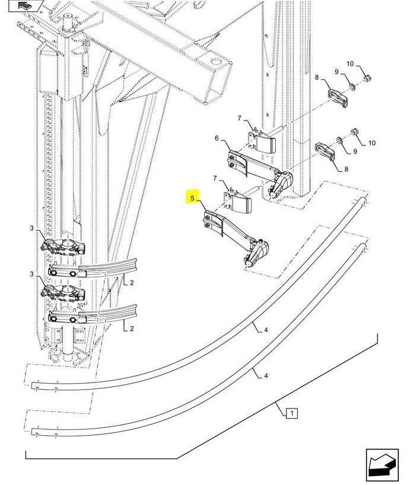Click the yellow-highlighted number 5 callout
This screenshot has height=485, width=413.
(x=192, y=198)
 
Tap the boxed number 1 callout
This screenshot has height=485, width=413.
(x=292, y=413)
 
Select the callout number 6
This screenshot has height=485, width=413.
(x=217, y=138)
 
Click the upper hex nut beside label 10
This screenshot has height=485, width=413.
(x=367, y=78)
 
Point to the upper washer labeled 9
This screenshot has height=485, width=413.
(x=352, y=87)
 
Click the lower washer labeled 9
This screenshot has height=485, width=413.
(x=339, y=140)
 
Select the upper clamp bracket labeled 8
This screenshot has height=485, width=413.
(x=338, y=98)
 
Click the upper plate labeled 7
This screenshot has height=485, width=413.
(x=262, y=141)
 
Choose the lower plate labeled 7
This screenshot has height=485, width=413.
(x=238, y=201)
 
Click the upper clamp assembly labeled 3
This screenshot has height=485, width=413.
(x=63, y=247)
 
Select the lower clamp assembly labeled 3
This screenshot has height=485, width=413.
(x=63, y=293)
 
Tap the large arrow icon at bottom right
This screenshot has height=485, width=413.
(x=382, y=464)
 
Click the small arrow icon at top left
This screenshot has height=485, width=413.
(x=26, y=5)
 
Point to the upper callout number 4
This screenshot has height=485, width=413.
(x=266, y=330)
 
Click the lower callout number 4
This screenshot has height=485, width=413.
(x=266, y=376)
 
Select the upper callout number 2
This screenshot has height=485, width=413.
(x=132, y=282)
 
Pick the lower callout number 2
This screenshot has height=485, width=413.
(x=132, y=328)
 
